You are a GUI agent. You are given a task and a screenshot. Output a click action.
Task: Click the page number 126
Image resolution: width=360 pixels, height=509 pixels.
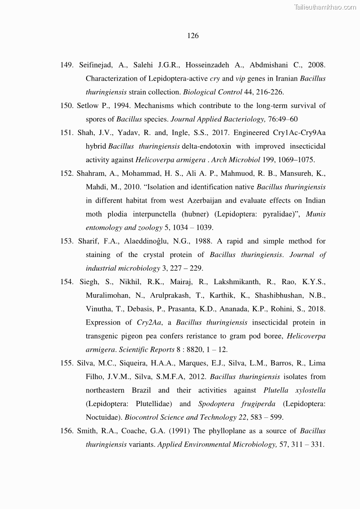pos(193,36)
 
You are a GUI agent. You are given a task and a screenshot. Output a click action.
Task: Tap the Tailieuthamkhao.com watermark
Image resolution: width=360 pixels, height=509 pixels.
pos(325,7)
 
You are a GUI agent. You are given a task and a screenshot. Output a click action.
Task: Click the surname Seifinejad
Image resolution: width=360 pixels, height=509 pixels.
pos(96,65)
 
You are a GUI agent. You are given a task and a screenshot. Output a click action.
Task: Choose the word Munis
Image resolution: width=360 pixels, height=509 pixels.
pos(316,214)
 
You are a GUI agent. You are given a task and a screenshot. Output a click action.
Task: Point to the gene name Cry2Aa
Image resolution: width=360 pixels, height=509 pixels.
pos(150,322)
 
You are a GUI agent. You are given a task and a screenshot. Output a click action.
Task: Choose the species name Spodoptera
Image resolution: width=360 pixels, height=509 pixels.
pos(214,403)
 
